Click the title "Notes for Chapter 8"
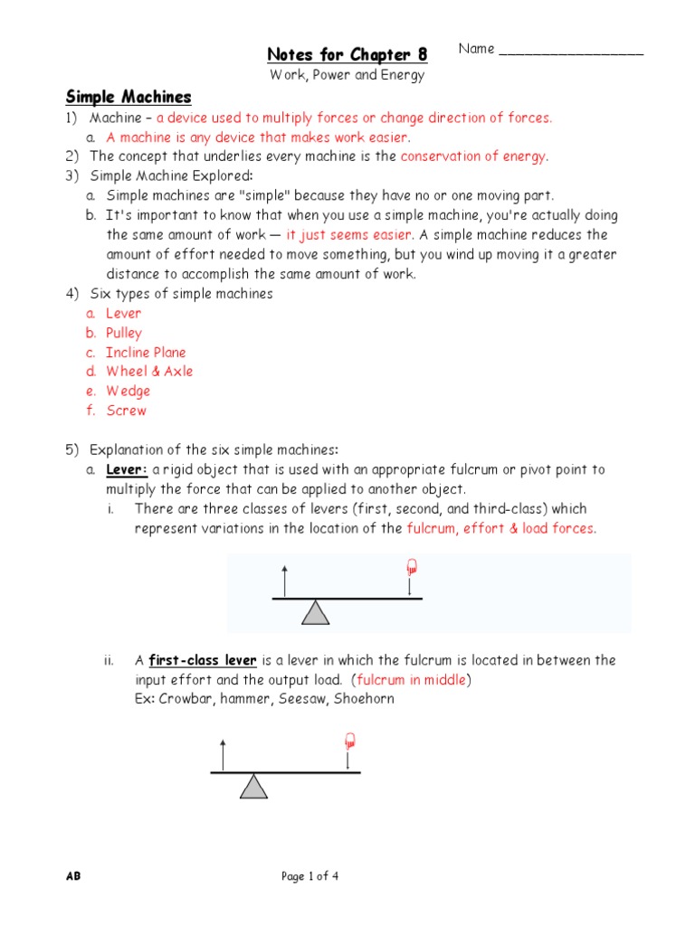pyautogui.click(x=347, y=54)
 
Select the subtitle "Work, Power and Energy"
pyautogui.click(x=347, y=75)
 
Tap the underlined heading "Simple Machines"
pyautogui.click(x=128, y=97)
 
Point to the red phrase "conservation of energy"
pyautogui.click(x=473, y=156)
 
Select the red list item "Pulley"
pyautogui.click(x=124, y=333)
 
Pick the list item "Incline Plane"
pyautogui.click(x=146, y=353)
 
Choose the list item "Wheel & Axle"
pyautogui.click(x=149, y=372)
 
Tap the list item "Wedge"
pyautogui.click(x=129, y=392)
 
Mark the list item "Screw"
pyautogui.click(x=126, y=411)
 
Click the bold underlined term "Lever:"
pyautogui.click(x=127, y=470)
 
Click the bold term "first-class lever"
pyautogui.click(x=203, y=661)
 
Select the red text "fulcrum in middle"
pyautogui.click(x=412, y=680)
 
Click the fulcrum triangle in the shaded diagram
pyautogui.click(x=315, y=613)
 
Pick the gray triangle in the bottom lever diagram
pyautogui.click(x=254, y=786)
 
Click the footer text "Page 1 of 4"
pyautogui.click(x=310, y=876)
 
